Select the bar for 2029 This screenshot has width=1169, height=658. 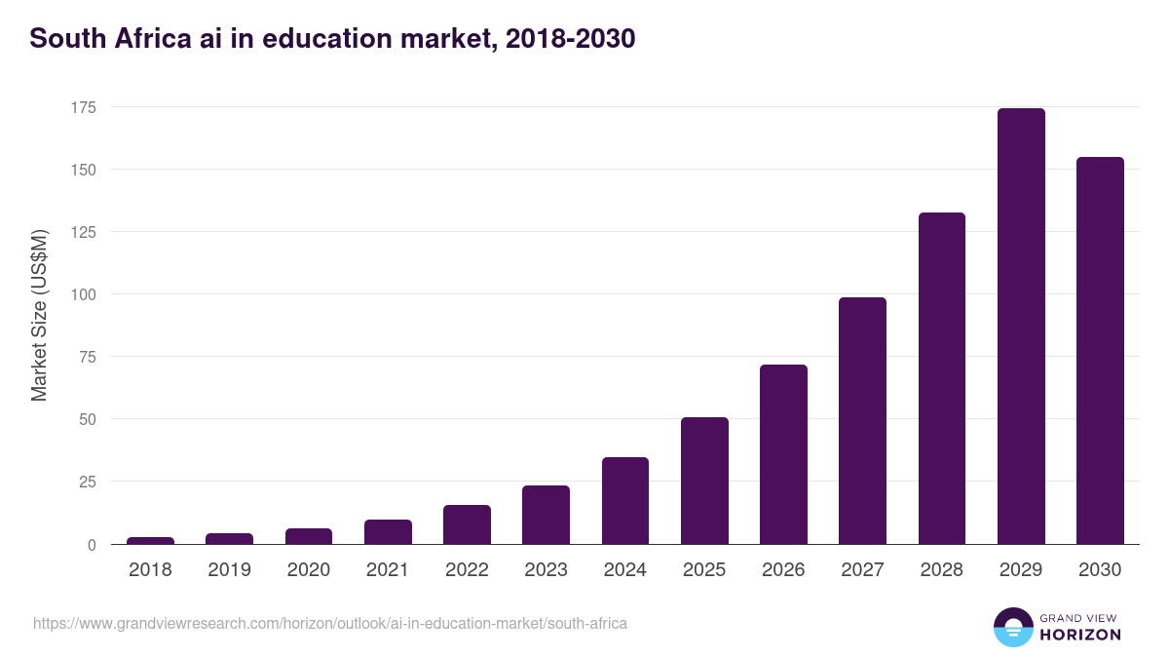point(1021,327)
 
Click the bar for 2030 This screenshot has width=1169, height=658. point(1100,351)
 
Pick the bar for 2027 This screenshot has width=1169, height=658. point(862,421)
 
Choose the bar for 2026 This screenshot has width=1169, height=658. point(783,454)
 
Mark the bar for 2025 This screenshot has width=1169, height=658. point(704,481)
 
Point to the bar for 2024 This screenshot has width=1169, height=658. point(625,501)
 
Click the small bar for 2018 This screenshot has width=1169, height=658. point(150,540)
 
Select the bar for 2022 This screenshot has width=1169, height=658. point(467,524)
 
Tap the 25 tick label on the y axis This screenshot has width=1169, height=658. point(87,482)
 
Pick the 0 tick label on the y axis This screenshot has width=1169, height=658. point(91,545)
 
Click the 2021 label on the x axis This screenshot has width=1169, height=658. point(388,570)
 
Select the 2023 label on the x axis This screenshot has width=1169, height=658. point(546,570)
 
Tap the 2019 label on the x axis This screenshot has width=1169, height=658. point(229,570)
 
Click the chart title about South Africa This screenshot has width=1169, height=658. point(332,38)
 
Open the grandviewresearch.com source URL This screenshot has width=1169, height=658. point(330,623)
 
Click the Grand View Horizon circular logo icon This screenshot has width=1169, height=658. point(1012,627)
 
